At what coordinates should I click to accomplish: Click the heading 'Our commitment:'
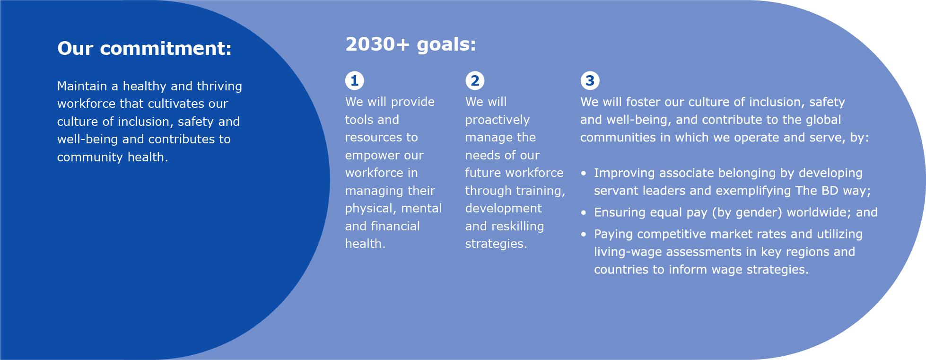click(144, 49)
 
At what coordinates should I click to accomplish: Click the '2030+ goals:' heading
click(411, 44)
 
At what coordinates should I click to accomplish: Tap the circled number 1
click(354, 80)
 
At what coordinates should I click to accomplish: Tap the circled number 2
click(474, 80)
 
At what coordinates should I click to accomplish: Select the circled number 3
click(589, 80)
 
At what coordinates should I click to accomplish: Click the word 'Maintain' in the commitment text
click(82, 86)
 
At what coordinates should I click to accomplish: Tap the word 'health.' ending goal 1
click(365, 244)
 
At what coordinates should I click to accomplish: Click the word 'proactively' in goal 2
click(497, 120)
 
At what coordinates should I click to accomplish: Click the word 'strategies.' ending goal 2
click(496, 244)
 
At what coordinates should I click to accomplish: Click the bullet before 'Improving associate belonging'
click(584, 174)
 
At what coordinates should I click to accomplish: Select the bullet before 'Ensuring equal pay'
click(584, 213)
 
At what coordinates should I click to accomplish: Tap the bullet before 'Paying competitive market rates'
click(584, 235)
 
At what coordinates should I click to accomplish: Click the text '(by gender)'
click(747, 213)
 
